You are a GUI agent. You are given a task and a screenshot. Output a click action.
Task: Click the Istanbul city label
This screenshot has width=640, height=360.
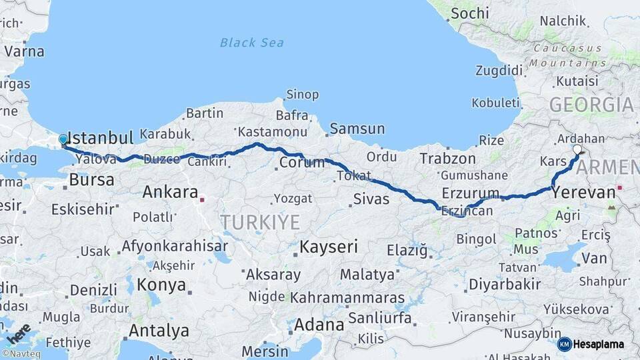101,138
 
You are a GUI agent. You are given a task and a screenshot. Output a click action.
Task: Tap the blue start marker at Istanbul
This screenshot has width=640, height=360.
63,139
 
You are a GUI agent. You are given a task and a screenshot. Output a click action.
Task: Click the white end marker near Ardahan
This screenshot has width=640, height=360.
577,150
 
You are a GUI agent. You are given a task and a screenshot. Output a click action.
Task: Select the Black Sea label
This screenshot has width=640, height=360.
252,43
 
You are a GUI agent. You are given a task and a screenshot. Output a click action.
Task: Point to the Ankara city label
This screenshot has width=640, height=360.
170,193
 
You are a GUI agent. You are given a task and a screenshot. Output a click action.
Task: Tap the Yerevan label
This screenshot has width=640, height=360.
584,193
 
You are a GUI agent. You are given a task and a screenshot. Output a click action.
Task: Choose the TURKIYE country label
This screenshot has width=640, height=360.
260,222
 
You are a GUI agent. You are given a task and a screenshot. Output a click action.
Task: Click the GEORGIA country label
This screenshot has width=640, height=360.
591,105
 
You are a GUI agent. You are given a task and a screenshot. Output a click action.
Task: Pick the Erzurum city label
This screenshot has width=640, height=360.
470,193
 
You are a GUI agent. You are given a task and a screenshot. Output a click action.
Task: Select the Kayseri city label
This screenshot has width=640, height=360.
329,247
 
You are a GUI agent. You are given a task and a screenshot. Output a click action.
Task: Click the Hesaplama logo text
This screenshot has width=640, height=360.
599,345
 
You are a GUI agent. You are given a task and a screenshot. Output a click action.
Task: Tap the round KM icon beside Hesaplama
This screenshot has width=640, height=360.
564,345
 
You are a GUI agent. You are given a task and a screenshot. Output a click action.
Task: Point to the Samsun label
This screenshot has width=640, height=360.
357,129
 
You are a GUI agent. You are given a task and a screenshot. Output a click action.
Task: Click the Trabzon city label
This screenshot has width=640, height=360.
447,159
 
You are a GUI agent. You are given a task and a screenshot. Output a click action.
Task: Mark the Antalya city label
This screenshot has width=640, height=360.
159,331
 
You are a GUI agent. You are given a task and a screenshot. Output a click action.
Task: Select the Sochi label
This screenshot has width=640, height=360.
469,13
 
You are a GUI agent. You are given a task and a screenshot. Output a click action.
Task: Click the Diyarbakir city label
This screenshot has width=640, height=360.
505,285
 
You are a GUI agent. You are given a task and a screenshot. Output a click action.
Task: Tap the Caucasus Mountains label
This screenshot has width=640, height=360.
569,56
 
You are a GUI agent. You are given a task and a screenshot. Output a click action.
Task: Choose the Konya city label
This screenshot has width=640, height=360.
161,285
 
